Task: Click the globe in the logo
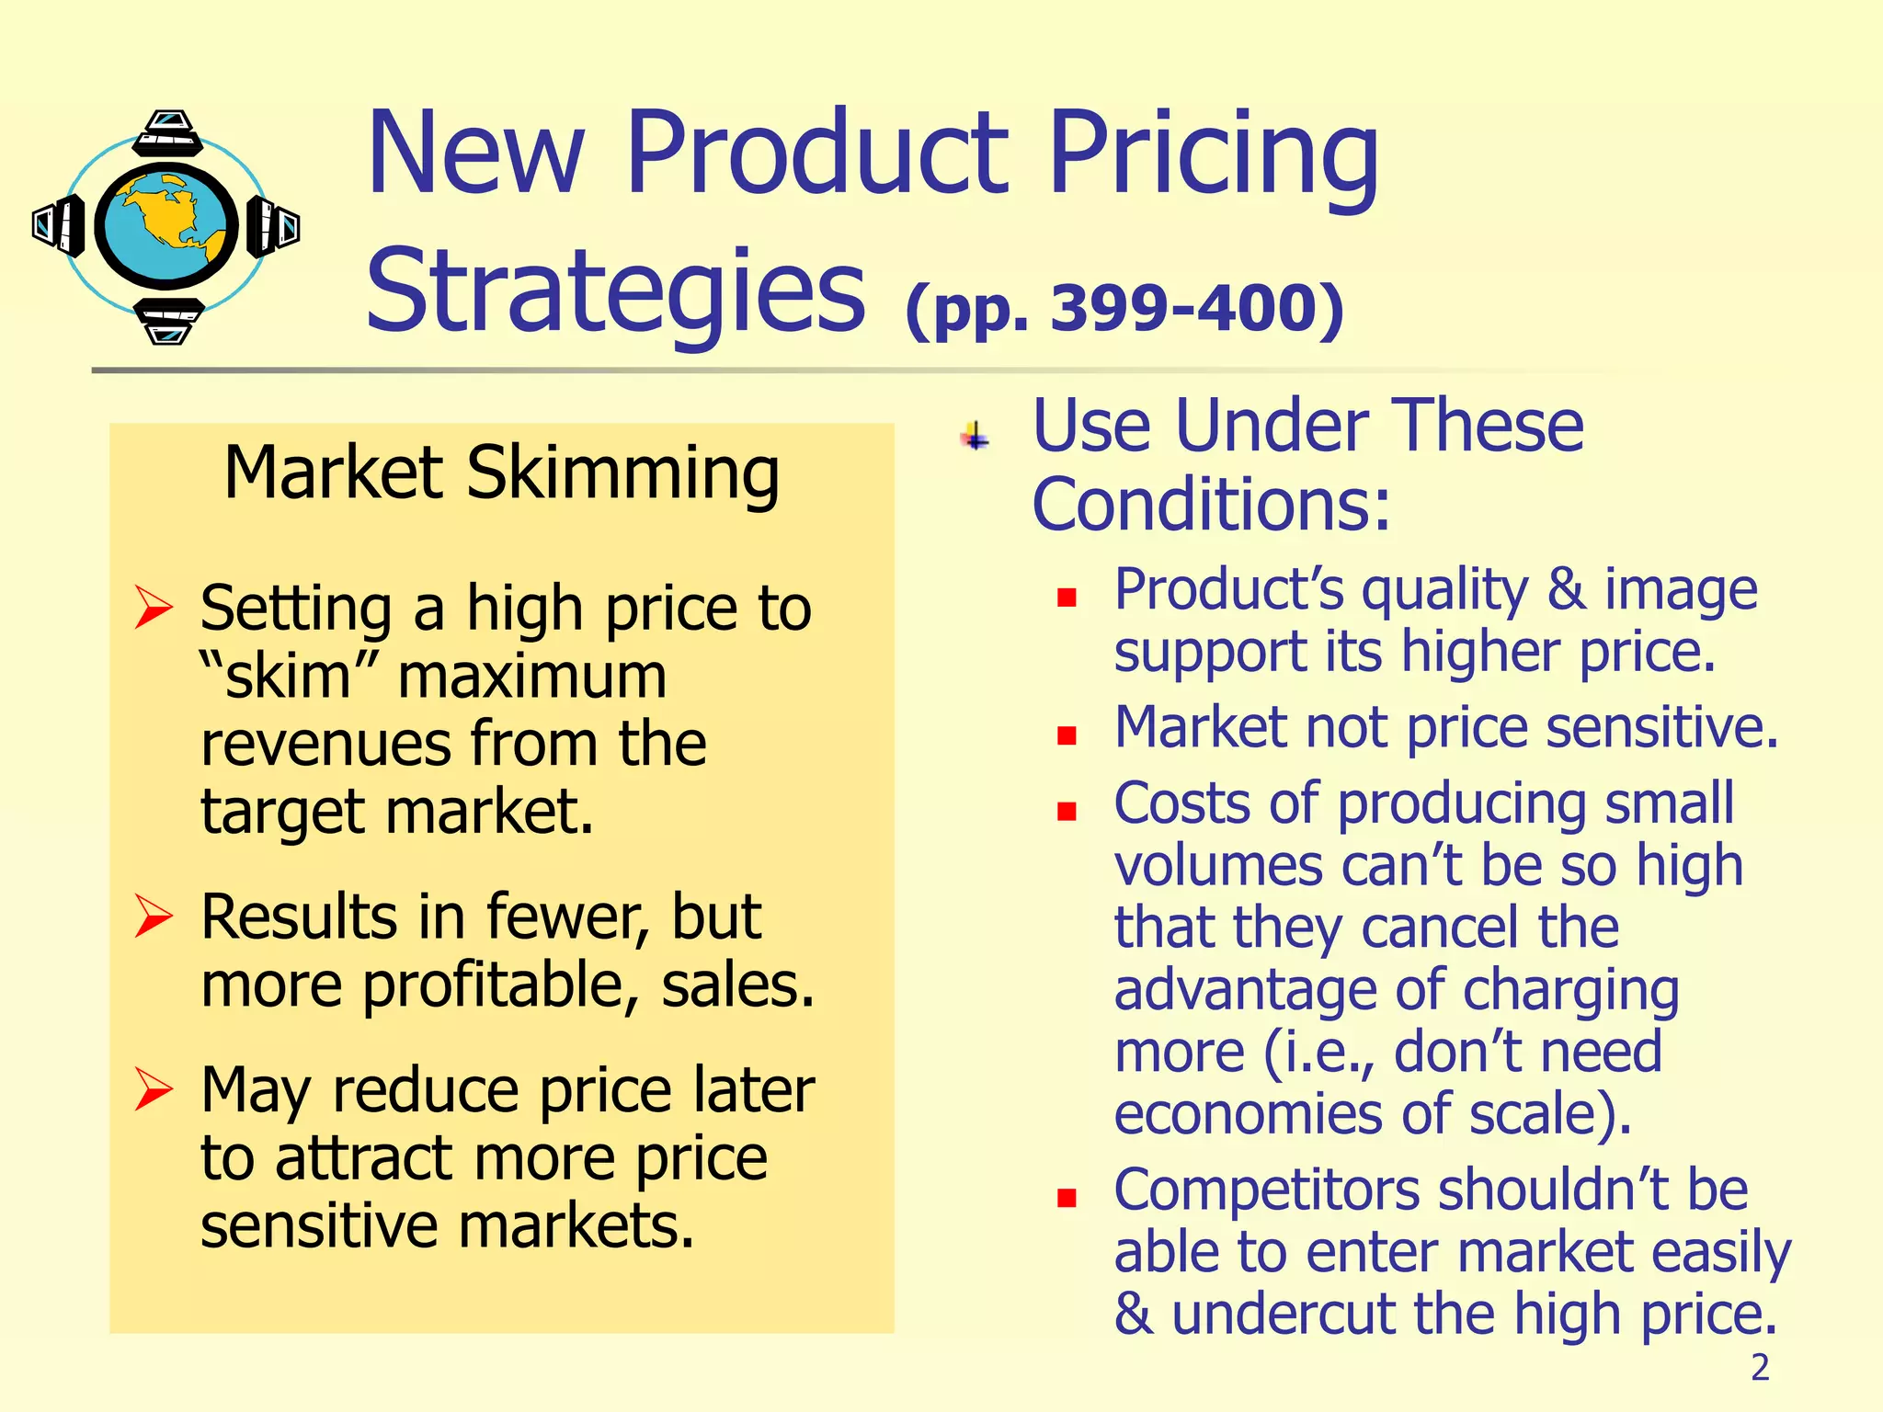pyautogui.click(x=166, y=225)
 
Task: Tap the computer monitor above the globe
pyautogui.click(x=167, y=134)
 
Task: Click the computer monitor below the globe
pyautogui.click(x=167, y=320)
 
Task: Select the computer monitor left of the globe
pyautogui.click(x=59, y=225)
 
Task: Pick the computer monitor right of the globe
pyautogui.click(x=273, y=226)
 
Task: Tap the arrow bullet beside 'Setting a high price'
pyautogui.click(x=153, y=607)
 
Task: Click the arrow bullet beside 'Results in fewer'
pyautogui.click(x=153, y=916)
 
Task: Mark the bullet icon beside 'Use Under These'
pyautogui.click(x=976, y=436)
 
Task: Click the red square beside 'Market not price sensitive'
pyautogui.click(x=1067, y=735)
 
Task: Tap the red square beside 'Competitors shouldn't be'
pyautogui.click(x=1067, y=1198)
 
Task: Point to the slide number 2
pyautogui.click(x=1760, y=1368)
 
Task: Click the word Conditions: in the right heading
pyautogui.click(x=1211, y=505)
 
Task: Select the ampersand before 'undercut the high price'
pyautogui.click(x=1133, y=1314)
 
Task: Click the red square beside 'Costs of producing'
pyautogui.click(x=1067, y=811)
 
